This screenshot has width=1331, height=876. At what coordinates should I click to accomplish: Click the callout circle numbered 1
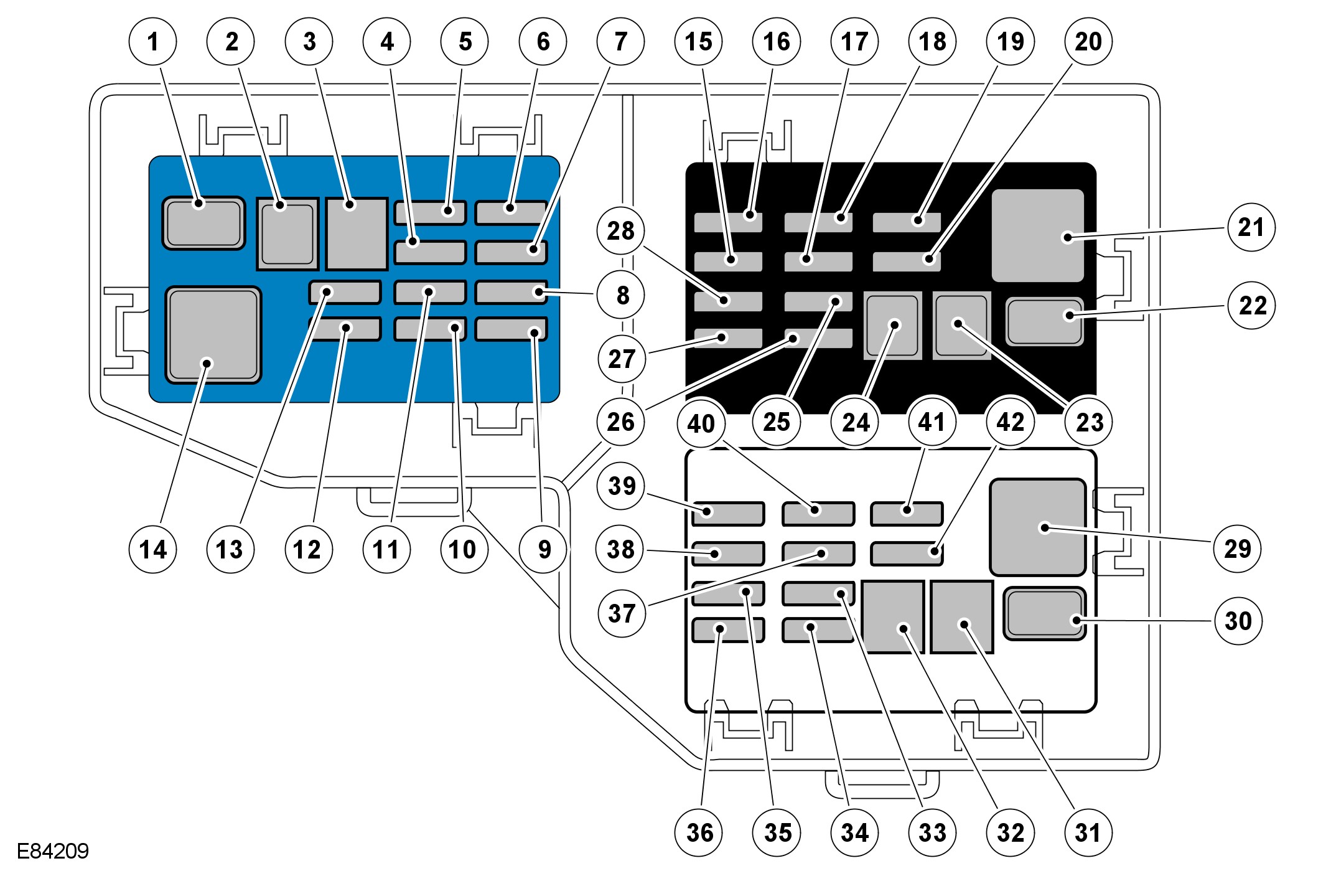153,42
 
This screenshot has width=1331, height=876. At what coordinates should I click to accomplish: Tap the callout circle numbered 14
153,549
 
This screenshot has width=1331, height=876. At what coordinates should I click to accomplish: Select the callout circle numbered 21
1251,227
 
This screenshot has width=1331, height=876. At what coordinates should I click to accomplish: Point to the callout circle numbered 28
620,231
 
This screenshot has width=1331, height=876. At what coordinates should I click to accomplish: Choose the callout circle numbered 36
699,832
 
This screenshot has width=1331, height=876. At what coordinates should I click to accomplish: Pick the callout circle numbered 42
1010,423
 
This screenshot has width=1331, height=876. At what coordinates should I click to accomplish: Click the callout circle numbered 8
622,295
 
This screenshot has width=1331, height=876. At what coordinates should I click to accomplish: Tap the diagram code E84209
53,851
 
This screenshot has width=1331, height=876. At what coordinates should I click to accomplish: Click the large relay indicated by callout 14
213,335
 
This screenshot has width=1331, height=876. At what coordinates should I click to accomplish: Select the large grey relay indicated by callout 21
1037,235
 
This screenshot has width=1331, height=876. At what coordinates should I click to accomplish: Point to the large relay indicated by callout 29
1037,527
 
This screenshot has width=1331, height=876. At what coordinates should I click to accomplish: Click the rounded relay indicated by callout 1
203,223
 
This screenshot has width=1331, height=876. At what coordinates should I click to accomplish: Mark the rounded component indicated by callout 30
1044,613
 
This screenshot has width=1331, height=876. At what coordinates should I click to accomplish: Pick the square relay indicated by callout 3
357,233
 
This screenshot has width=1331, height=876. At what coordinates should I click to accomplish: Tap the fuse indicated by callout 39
727,514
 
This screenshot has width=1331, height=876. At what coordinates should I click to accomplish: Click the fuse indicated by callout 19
906,222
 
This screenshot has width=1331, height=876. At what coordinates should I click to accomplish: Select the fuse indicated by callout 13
344,292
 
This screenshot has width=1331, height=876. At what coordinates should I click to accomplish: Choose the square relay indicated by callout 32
893,616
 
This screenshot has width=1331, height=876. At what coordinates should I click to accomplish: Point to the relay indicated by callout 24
893,326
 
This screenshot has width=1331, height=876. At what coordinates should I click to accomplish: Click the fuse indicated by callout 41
906,514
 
